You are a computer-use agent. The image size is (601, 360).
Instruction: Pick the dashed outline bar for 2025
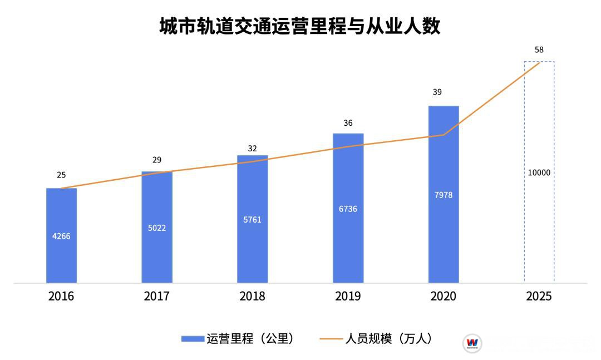(x=539, y=223)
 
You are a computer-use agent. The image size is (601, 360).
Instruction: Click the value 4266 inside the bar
(x=61, y=236)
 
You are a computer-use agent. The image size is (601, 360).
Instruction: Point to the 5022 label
(x=157, y=228)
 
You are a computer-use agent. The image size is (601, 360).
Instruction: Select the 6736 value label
(x=348, y=209)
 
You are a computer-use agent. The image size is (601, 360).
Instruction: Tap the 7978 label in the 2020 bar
(x=444, y=195)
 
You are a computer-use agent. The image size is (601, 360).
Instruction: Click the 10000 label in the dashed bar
(x=539, y=172)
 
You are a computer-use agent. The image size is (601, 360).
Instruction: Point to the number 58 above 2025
(x=539, y=50)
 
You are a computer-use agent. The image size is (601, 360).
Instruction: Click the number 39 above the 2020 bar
(x=437, y=92)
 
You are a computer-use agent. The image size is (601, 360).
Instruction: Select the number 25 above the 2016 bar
(x=61, y=175)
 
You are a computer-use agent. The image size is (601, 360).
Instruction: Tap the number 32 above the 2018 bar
(x=252, y=148)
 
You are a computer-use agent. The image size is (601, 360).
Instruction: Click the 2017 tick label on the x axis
(x=157, y=296)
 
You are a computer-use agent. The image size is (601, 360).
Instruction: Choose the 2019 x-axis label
(x=348, y=296)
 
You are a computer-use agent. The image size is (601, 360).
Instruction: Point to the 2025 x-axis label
(x=539, y=296)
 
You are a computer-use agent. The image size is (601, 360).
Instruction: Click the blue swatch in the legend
(x=193, y=339)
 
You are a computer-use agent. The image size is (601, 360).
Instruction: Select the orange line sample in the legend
(x=332, y=339)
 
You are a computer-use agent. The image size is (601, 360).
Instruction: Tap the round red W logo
(x=472, y=343)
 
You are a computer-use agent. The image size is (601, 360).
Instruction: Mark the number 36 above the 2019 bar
(x=348, y=123)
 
